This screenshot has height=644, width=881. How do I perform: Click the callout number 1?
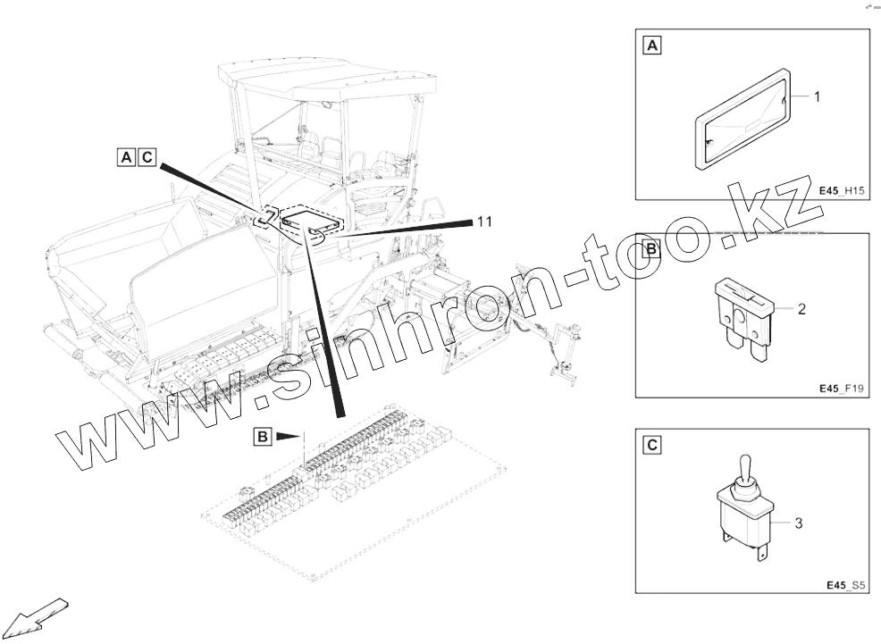pyautogui.click(x=817, y=97)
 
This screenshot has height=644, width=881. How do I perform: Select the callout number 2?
pyautogui.click(x=801, y=309)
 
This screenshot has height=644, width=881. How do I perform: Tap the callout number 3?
pyautogui.click(x=799, y=523)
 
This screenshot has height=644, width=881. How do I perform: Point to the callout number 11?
pyautogui.click(x=484, y=222)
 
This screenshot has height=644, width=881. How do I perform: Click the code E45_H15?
pyautogui.click(x=841, y=191)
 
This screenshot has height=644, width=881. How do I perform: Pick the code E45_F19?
pyautogui.click(x=841, y=389)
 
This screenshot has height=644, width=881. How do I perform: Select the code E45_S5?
pyautogui.click(x=845, y=585)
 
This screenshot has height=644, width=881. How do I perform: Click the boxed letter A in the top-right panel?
pyautogui.click(x=651, y=45)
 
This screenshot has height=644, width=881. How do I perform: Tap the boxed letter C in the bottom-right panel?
pyautogui.click(x=651, y=445)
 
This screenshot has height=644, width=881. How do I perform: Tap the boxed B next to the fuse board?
pyautogui.click(x=263, y=436)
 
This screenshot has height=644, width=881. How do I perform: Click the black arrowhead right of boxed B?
pyautogui.click(x=289, y=436)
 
